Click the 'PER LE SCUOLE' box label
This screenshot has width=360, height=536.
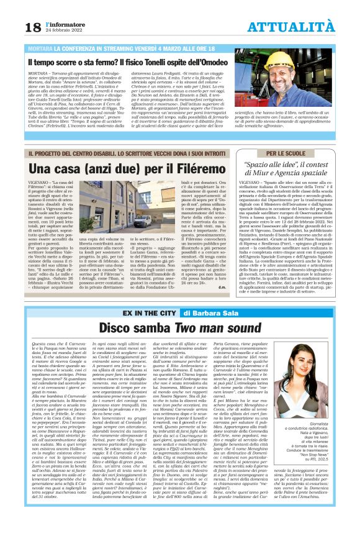(287, 153)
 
